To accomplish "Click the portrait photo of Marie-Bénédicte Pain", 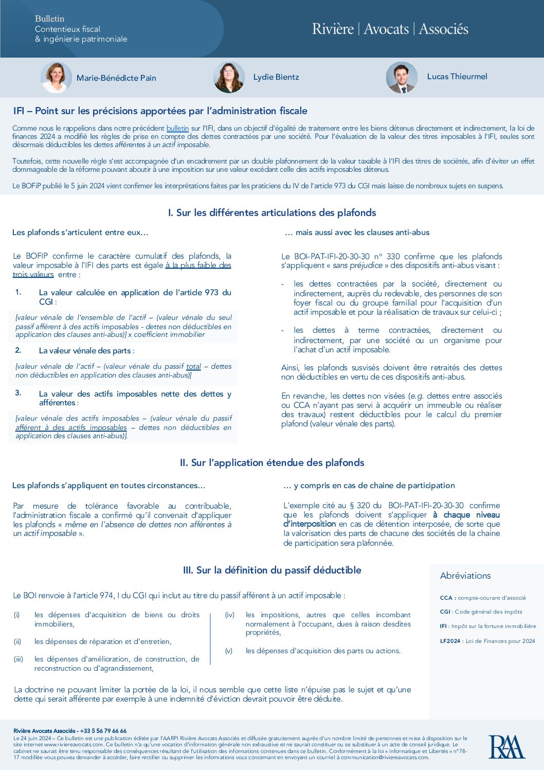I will pyautogui.click(x=56, y=78).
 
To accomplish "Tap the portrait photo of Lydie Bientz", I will pyautogui.click(x=229, y=78).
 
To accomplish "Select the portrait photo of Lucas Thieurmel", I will pyautogui.click(x=402, y=78).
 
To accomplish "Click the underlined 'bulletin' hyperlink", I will pyautogui.click(x=177, y=128).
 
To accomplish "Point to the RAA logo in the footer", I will pyautogui.click(x=506, y=747).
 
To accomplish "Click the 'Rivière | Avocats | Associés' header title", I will pyautogui.click(x=390, y=29).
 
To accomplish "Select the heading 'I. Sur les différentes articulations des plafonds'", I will pyautogui.click(x=271, y=212).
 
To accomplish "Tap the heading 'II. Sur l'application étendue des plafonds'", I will pyautogui.click(x=271, y=462).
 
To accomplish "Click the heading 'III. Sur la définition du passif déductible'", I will pyautogui.click(x=271, y=570).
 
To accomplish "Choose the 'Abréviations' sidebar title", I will pyautogui.click(x=465, y=576).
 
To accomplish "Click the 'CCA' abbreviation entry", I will pyautogui.click(x=446, y=598).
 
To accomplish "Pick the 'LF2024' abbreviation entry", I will pyautogui.click(x=450, y=641).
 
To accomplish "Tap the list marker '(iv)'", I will pyautogui.click(x=230, y=615).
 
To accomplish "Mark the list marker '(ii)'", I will pyautogui.click(x=17, y=641).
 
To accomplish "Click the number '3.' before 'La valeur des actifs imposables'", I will pyautogui.click(x=18, y=393).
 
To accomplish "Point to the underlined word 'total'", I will pyautogui.click(x=193, y=366).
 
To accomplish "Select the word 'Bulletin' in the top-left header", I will pyautogui.click(x=49, y=19).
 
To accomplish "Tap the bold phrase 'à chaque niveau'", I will pyautogui.click(x=466, y=515).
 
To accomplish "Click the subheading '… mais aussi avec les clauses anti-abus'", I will pyautogui.click(x=357, y=232).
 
